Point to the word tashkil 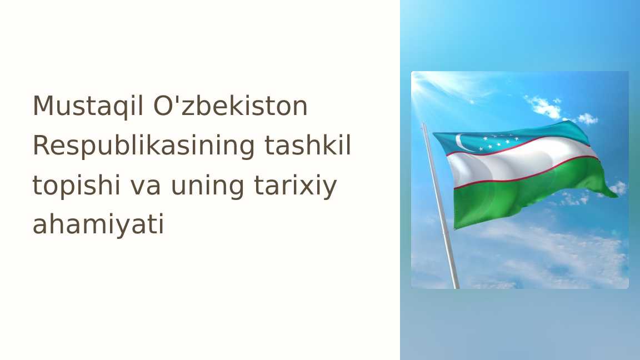[x=308, y=146]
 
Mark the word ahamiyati [x=98, y=224]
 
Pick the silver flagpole [x=442, y=211]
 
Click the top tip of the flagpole [x=424, y=125]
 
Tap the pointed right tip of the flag [x=616, y=195]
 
